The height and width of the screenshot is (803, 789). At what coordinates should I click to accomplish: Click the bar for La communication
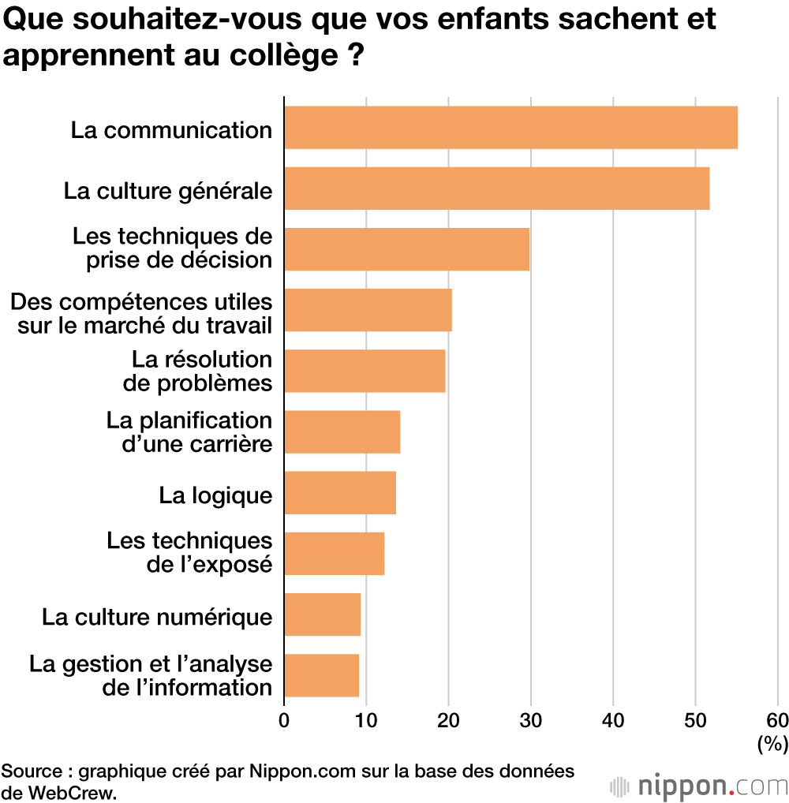pos(510,127)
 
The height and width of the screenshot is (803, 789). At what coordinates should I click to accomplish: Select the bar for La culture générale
pos(496,188)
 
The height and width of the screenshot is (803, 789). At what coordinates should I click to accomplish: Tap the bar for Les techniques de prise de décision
pos(406,248)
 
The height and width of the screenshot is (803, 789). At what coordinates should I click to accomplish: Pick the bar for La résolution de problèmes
pos(365,371)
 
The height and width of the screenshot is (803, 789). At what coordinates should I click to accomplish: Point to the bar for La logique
pos(340,492)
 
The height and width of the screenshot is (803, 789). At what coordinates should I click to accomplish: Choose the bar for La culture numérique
pos(322,614)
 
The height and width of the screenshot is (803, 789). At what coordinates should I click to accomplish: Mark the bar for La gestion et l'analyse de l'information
pos(321,675)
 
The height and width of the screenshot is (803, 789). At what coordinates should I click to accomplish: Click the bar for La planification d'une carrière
pos(342,431)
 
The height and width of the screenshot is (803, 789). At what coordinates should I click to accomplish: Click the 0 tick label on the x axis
pos(284,719)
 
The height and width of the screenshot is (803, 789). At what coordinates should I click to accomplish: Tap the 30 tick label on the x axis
pos(530,719)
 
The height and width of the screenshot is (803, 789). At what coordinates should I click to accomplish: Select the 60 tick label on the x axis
pos(777,719)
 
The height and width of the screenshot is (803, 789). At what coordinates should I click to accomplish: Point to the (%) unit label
pos(772,743)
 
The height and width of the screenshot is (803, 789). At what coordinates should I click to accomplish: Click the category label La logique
pos(215,495)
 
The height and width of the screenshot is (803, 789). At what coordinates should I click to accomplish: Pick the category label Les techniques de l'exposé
pos(189,552)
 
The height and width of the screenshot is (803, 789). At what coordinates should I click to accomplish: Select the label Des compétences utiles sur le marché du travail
pos(142,312)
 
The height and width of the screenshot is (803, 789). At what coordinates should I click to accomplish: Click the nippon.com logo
pos(699,786)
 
